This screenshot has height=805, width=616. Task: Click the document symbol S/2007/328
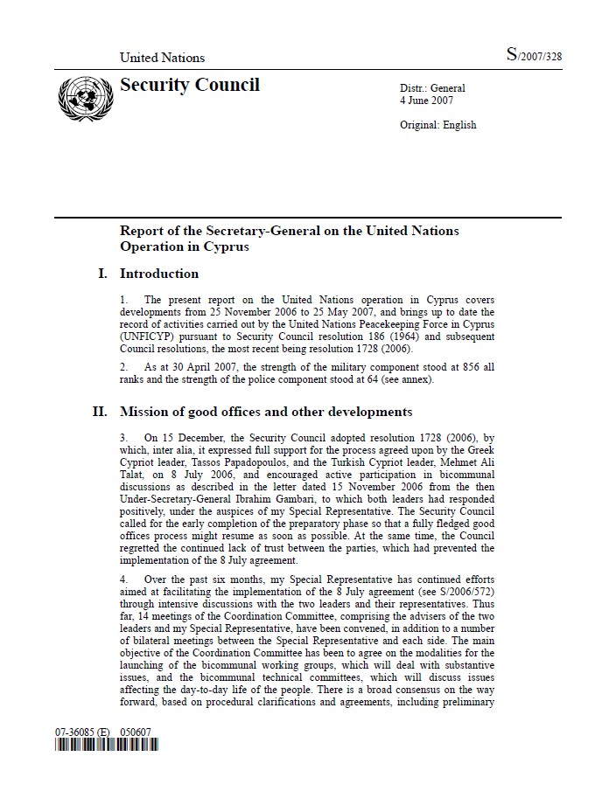pos(534,57)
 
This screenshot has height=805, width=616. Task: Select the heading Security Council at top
pos(189,85)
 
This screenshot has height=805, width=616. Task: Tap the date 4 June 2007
pos(427,101)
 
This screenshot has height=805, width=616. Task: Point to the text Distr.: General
pos(432,88)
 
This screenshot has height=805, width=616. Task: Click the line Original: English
pos(437,125)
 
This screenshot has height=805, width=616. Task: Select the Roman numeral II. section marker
pos(100,412)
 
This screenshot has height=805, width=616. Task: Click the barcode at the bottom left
pos(106,746)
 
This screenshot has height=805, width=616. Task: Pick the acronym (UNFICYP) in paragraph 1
pos(152,337)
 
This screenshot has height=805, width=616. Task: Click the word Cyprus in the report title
pos(227,246)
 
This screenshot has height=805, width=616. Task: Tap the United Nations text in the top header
pos(162,58)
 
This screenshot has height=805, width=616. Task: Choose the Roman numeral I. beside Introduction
pos(103,274)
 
